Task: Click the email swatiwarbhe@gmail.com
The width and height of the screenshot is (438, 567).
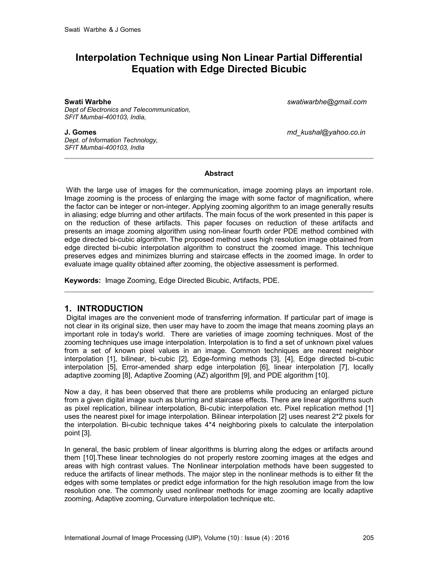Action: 327,102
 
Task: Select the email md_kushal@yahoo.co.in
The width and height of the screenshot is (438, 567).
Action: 326,132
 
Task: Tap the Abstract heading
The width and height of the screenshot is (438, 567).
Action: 219,174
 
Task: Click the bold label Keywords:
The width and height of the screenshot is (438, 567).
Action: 83,281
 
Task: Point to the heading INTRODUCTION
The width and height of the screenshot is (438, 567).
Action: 110,308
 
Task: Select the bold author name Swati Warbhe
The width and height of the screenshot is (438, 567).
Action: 88,102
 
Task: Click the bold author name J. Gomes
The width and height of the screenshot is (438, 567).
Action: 80,132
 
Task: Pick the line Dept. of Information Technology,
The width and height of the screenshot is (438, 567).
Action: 111,140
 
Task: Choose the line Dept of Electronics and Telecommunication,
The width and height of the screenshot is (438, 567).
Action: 127,110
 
